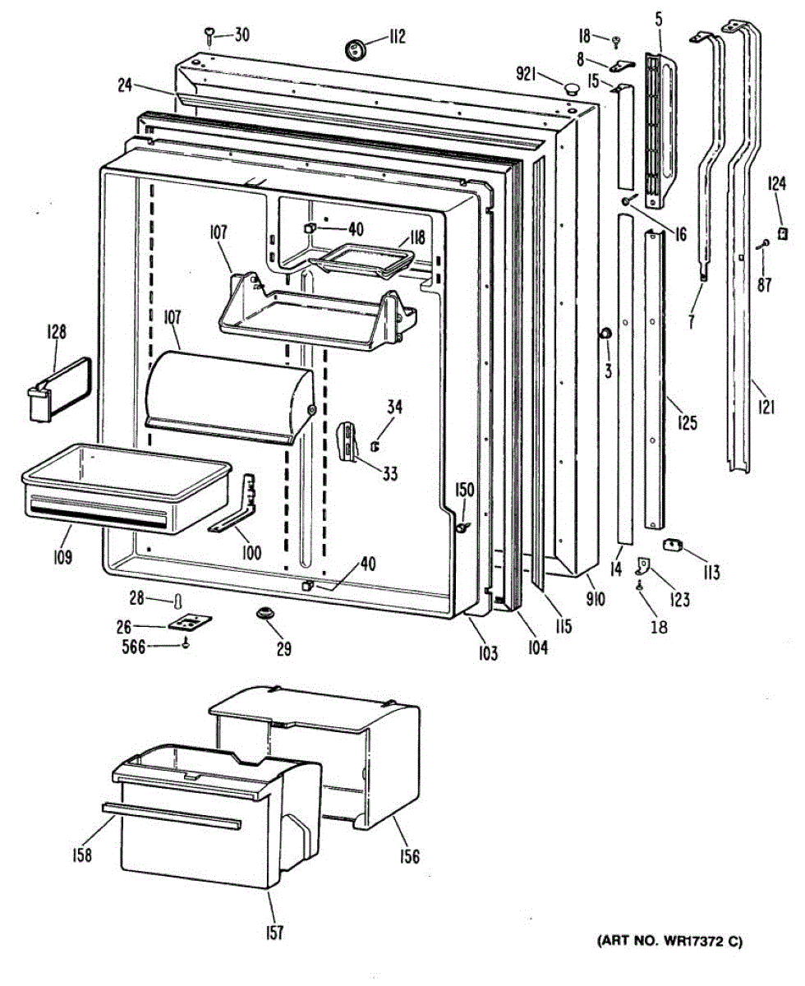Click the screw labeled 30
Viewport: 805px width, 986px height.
click(x=210, y=35)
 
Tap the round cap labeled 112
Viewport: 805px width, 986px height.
click(x=356, y=48)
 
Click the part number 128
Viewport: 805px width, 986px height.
click(x=56, y=333)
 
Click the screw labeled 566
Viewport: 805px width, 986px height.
click(x=187, y=646)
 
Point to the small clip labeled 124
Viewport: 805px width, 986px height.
click(x=783, y=233)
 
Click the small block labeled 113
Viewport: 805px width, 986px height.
click(x=674, y=546)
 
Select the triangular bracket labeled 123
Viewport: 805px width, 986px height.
click(x=645, y=564)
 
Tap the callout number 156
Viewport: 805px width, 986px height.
click(x=409, y=857)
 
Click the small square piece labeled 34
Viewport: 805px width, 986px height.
click(x=375, y=446)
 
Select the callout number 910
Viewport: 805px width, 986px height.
click(x=595, y=599)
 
